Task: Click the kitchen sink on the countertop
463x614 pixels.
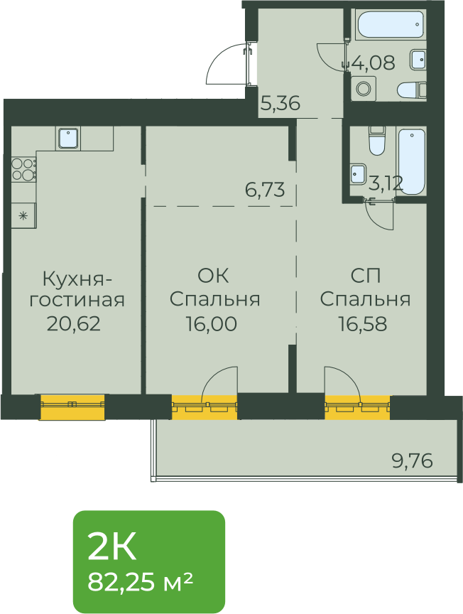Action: [x=69, y=139]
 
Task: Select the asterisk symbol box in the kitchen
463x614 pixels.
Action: [x=23, y=215]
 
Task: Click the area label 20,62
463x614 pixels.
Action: [x=74, y=324]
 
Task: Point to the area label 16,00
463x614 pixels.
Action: [x=212, y=324]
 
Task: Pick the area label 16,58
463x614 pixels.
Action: [x=363, y=324]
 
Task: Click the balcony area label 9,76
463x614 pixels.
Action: [x=413, y=460]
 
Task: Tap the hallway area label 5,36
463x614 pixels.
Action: [x=280, y=103]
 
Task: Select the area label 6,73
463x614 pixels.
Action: [x=265, y=190]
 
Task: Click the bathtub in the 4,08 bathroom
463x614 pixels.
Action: [x=390, y=24]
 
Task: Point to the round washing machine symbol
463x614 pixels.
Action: [x=363, y=88]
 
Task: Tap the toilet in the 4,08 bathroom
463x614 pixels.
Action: [x=412, y=90]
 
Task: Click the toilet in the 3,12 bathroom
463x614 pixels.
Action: [x=377, y=141]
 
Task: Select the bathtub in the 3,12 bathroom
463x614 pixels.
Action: [x=411, y=161]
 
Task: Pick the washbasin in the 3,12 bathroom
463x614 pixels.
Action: [x=358, y=173]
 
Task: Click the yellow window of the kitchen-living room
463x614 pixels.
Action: [x=72, y=407]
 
